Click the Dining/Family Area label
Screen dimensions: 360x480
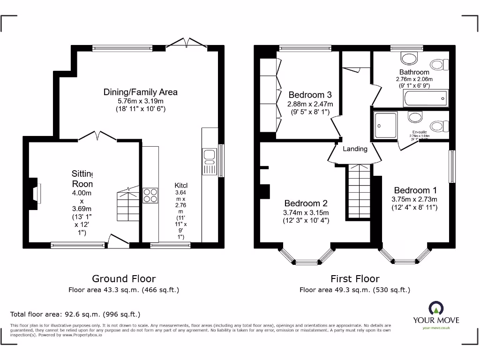tap(140, 92)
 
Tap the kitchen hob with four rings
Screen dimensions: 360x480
tap(150, 195)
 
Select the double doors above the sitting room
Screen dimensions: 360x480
tap(97, 135)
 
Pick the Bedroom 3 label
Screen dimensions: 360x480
tap(310, 94)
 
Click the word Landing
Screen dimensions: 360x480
tap(355, 149)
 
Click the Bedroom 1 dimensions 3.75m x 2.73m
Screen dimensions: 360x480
tap(415, 199)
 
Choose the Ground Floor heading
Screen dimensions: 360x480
tap(124, 279)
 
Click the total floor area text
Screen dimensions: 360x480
tap(75, 314)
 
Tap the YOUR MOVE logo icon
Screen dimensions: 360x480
tap(435, 308)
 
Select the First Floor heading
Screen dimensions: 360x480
tap(355, 279)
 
